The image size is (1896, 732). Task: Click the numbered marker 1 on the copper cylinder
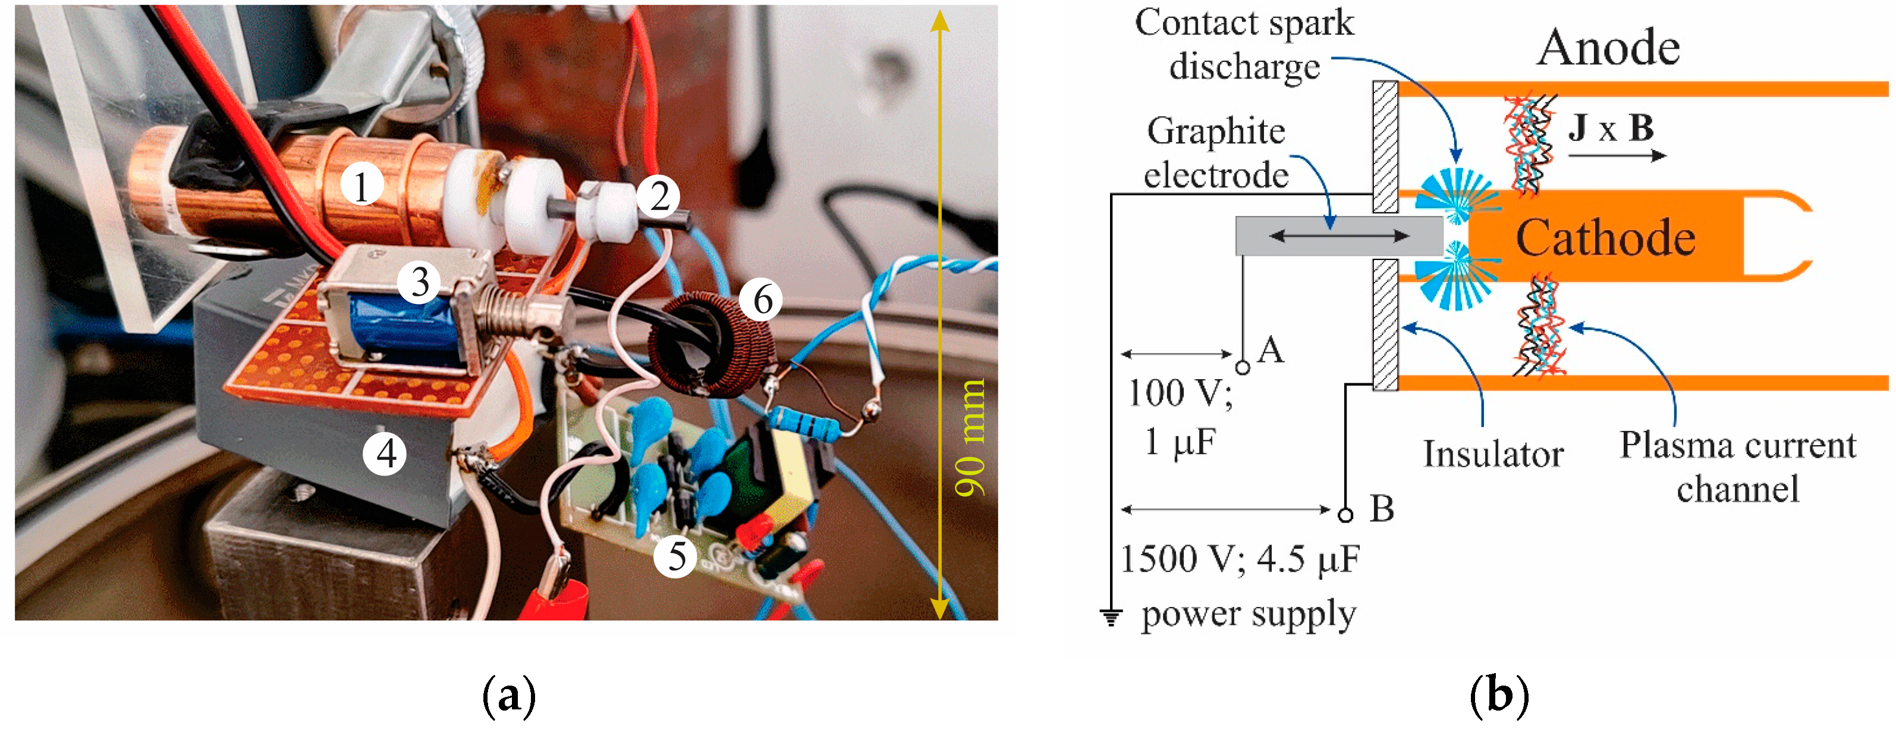tap(361, 186)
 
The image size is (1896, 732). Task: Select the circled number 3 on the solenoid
tap(420, 281)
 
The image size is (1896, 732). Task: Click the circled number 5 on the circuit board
tap(675, 555)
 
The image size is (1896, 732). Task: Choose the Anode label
tap(1608, 48)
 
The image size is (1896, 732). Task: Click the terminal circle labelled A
tap(1243, 366)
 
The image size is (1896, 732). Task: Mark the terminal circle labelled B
tap(1345, 515)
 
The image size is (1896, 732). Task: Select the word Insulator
tap(1493, 453)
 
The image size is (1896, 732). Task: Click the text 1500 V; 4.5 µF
tap(1240, 559)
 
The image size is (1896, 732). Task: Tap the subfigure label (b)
tap(1498, 695)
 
